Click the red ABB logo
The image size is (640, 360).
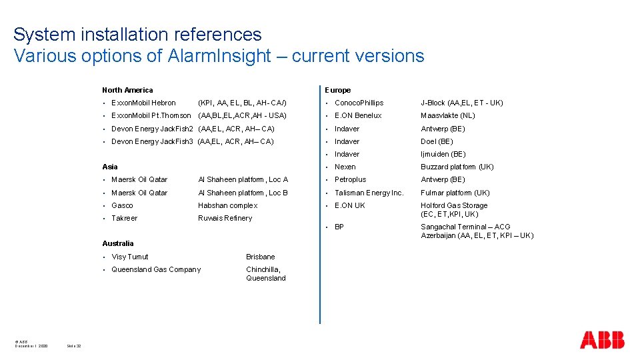pyautogui.click(x=601, y=340)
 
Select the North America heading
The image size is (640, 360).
pyautogui.click(x=127, y=90)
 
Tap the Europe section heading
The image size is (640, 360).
pyautogui.click(x=338, y=90)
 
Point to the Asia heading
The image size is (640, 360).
pyautogui.click(x=110, y=167)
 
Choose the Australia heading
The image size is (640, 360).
pyautogui.click(x=118, y=243)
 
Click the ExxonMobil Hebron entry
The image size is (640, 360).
pyautogui.click(x=143, y=103)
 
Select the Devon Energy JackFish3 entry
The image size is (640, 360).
pyautogui.click(x=152, y=141)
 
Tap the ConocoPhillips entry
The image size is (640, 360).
pyautogui.click(x=359, y=103)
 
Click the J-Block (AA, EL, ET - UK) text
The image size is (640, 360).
pyautogui.click(x=461, y=103)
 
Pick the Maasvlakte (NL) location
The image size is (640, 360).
pyautogui.click(x=447, y=115)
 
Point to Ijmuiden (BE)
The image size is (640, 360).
pyautogui.click(x=443, y=154)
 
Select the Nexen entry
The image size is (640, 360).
pyautogui.click(x=345, y=167)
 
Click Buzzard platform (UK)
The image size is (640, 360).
pyautogui.click(x=457, y=167)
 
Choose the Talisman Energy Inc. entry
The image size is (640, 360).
pyautogui.click(x=369, y=193)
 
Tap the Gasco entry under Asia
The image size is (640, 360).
pyautogui.click(x=122, y=205)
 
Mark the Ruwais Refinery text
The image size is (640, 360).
pyautogui.click(x=225, y=218)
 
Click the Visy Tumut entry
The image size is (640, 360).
pyautogui.click(x=130, y=257)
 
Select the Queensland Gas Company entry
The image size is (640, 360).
pyautogui.click(x=155, y=269)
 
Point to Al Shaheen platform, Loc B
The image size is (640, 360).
pyautogui.click(x=243, y=193)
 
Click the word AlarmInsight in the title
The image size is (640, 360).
pyautogui.click(x=219, y=56)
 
